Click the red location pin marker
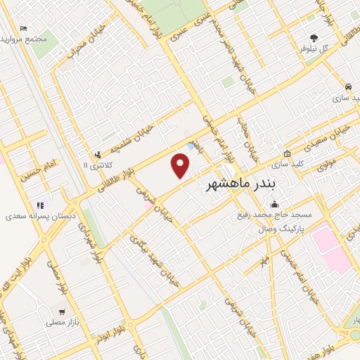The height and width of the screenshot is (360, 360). click(181, 166)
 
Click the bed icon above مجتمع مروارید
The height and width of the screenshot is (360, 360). click(24, 29)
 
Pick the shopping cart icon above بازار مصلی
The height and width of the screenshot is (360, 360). click(63, 311)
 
